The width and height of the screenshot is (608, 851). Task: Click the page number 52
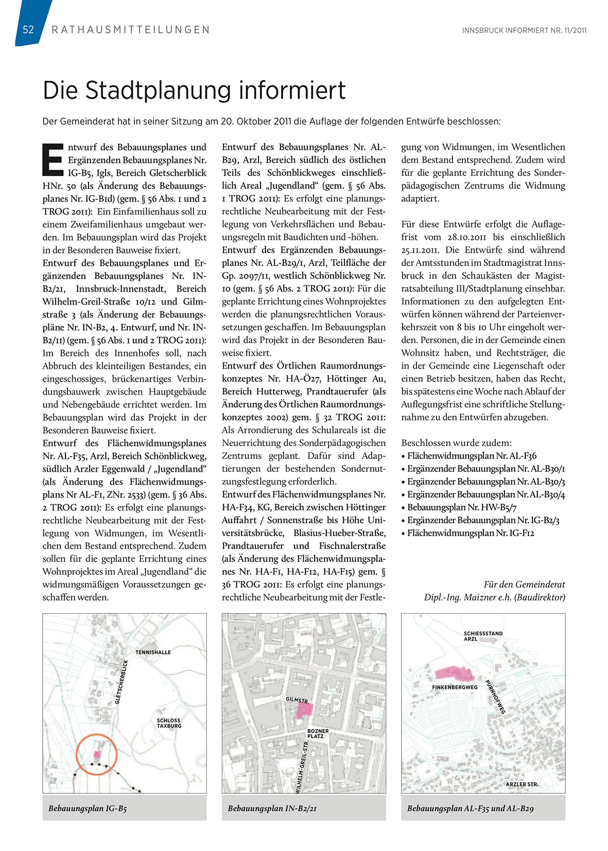click(x=28, y=29)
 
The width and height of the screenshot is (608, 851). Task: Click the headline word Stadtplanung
click(x=158, y=91)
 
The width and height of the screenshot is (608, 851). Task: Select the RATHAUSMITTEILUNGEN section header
click(x=131, y=30)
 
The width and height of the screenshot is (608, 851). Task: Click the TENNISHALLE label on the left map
click(x=153, y=652)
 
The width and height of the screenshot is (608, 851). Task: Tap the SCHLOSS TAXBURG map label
click(x=169, y=723)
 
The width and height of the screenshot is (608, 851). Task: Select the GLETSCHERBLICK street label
click(x=121, y=682)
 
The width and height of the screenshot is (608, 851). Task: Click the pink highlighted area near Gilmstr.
click(x=305, y=710)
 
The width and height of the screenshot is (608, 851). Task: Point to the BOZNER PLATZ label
click(x=318, y=733)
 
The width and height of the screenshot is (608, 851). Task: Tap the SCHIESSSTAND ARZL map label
click(x=482, y=636)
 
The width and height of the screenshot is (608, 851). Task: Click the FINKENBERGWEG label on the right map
click(x=455, y=687)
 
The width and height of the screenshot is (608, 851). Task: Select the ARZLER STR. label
click(x=522, y=784)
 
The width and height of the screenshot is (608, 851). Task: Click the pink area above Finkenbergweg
click(x=453, y=672)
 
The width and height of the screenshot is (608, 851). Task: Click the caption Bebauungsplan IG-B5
click(x=88, y=808)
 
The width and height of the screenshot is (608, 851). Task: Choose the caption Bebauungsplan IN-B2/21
click(x=272, y=808)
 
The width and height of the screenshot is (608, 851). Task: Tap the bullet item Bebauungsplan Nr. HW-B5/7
click(x=455, y=507)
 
